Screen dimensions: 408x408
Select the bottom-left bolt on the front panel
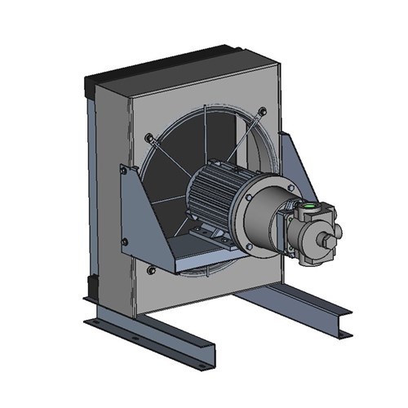click(x=151, y=269)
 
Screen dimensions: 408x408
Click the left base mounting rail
click(x=155, y=335)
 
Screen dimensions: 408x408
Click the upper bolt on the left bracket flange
click(x=123, y=171)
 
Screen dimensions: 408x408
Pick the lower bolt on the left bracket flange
click(x=124, y=240)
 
